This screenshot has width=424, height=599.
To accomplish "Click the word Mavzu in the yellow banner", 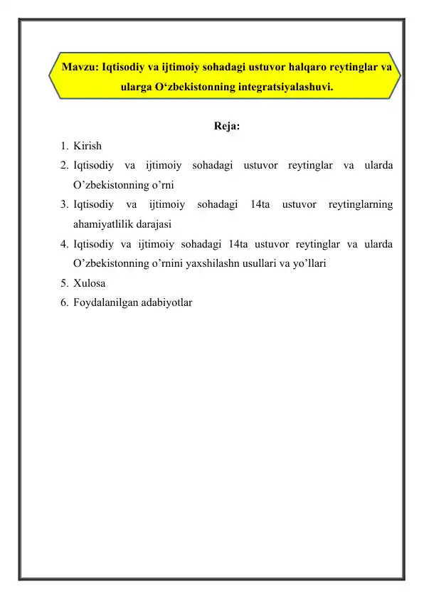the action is [79, 68].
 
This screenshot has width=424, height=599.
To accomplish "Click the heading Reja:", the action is [226, 127].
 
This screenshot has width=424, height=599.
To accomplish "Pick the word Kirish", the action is [87, 147].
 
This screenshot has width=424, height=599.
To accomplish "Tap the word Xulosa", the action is [89, 282].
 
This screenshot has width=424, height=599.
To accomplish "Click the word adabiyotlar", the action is [167, 301].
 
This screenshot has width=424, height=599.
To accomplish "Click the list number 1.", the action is [64, 147].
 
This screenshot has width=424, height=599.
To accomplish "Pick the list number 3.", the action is [64, 205].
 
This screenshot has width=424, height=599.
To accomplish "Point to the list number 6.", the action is [64, 301].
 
